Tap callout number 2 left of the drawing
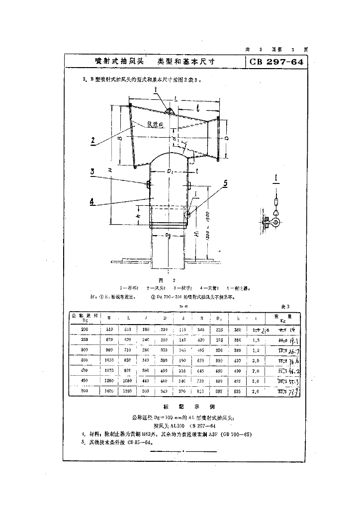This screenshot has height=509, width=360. [93, 140]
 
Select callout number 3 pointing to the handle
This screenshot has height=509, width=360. [92, 172]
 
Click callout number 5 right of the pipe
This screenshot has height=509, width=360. [225, 183]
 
